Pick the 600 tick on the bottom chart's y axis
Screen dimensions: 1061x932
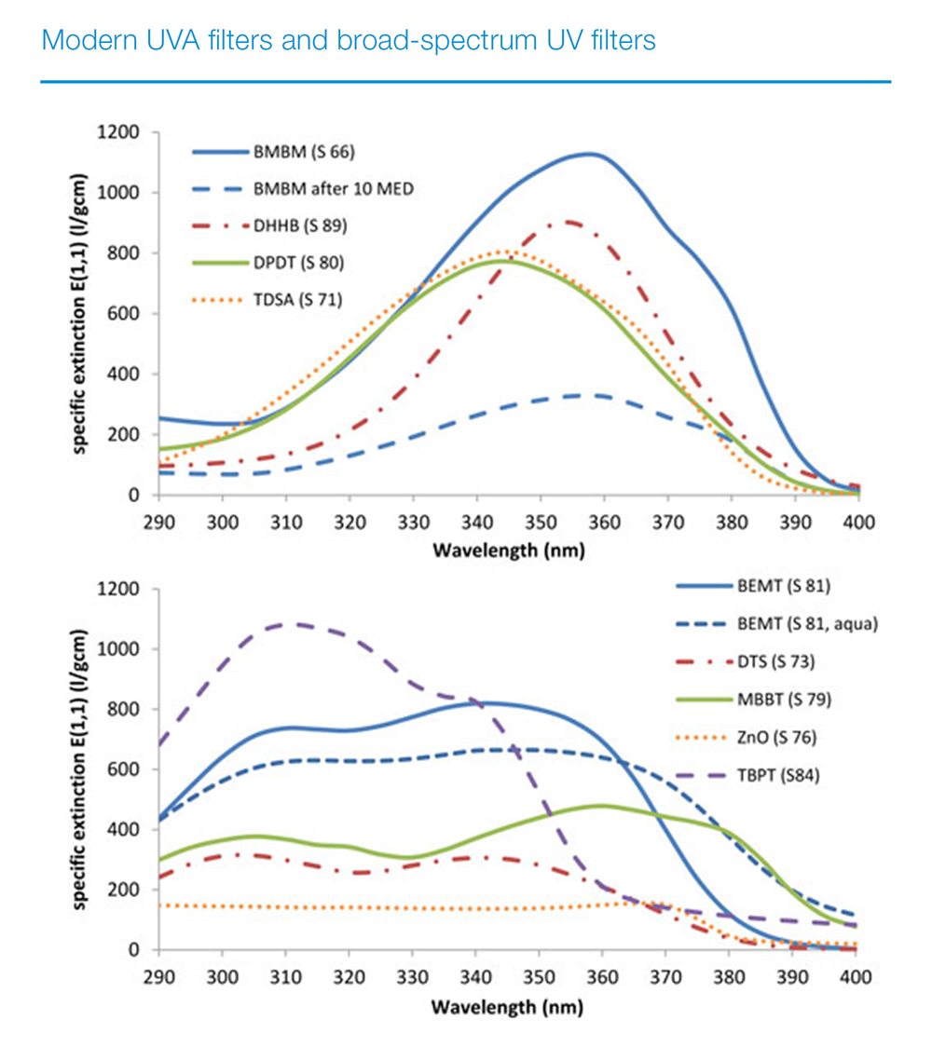(x=126, y=769)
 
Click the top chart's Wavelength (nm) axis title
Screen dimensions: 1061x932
(x=508, y=551)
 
